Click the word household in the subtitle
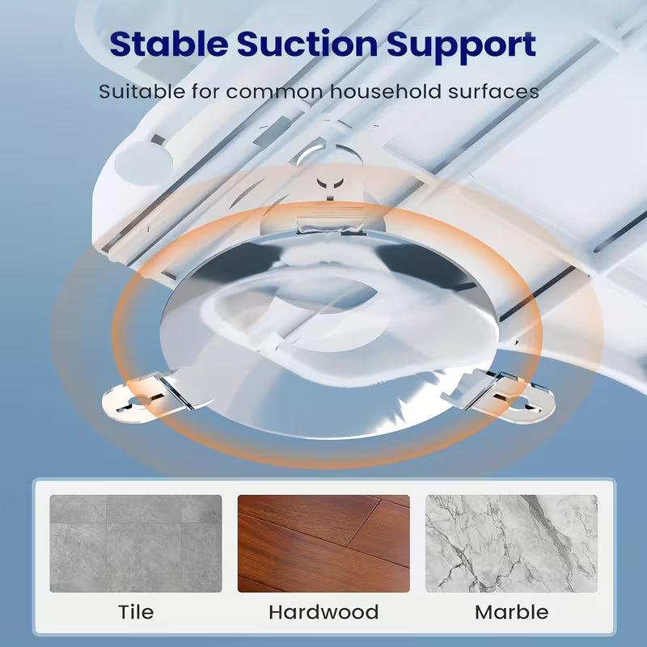[378, 91]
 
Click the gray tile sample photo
[136, 543]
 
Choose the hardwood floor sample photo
[323, 543]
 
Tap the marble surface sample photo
[511, 543]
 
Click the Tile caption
[136, 611]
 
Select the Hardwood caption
[323, 611]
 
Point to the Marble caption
[511, 611]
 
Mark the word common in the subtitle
[275, 91]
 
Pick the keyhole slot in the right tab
[526, 402]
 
